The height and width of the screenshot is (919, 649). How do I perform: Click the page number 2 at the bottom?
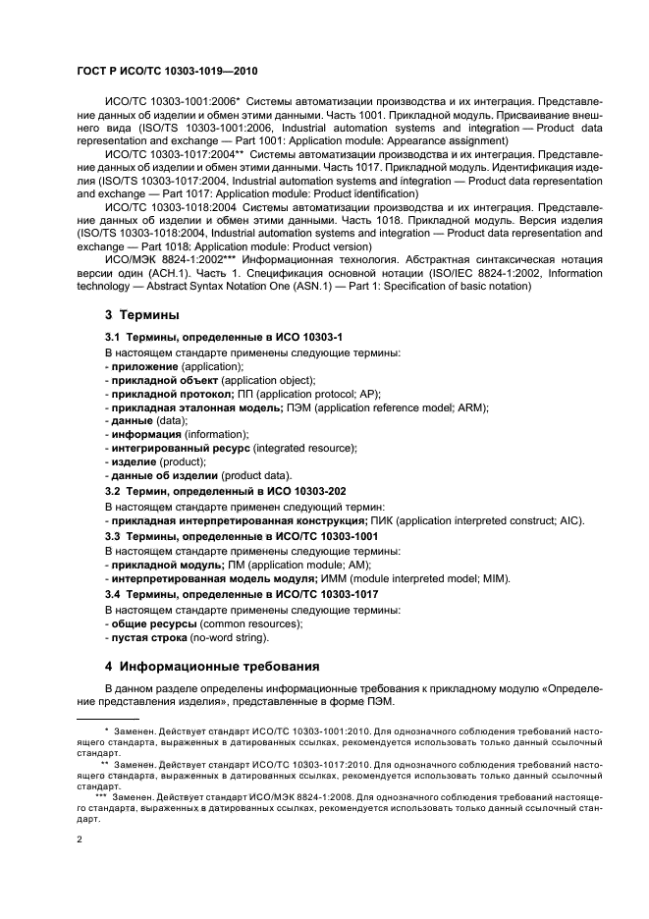tap(80, 839)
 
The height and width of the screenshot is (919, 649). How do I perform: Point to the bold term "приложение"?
tap(144, 365)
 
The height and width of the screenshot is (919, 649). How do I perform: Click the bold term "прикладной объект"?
tap(164, 379)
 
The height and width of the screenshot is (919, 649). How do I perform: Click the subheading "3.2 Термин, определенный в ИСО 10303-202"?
tap(225, 490)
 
